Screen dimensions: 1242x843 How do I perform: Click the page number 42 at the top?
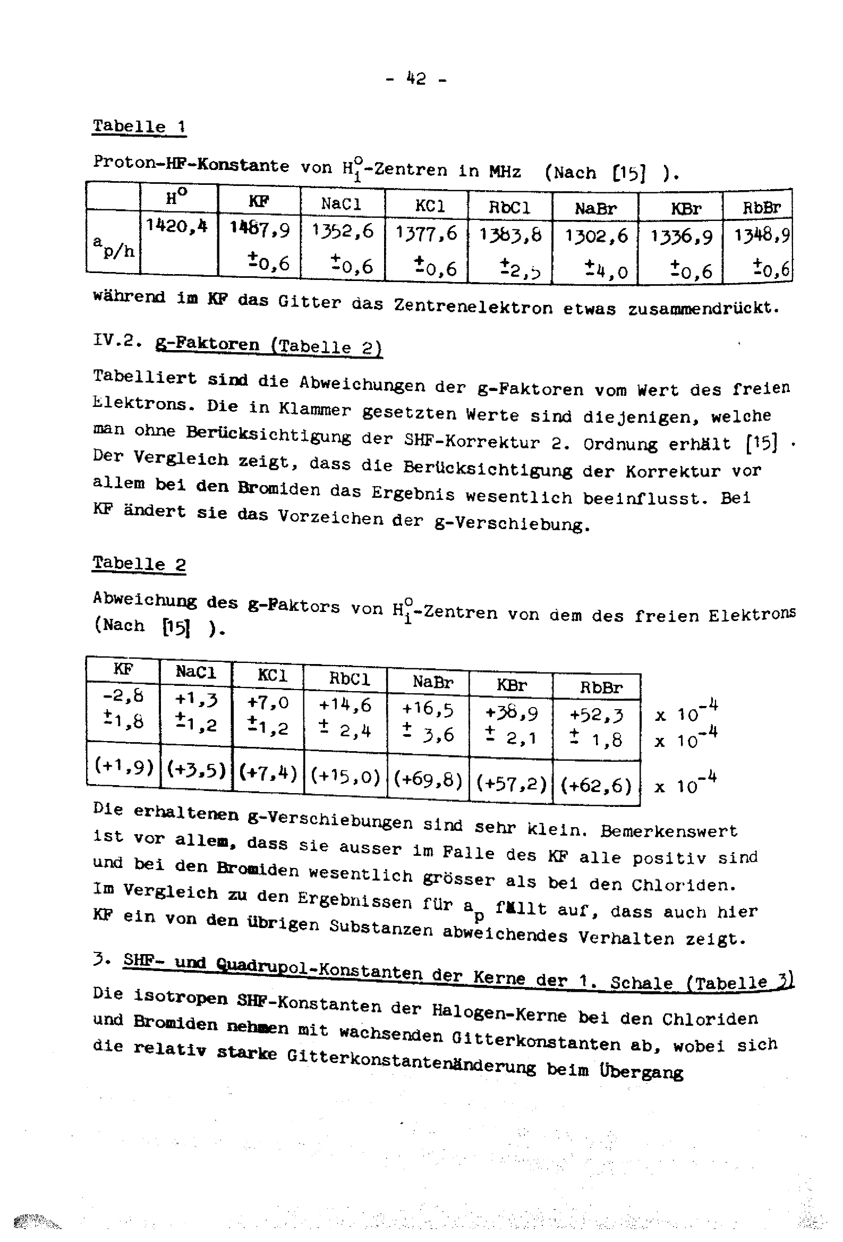pos(416,79)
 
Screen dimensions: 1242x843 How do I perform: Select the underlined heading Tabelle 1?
pos(139,126)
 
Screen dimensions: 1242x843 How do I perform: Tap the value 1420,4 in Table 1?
pos(177,226)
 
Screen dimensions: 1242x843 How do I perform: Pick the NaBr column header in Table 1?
pos(595,208)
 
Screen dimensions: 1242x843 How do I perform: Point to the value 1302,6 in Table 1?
pos(596,236)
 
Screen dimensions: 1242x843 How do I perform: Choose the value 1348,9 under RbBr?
pos(761,235)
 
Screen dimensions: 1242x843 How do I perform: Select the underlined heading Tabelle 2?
pos(139,563)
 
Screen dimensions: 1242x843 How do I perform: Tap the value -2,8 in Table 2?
pos(123,696)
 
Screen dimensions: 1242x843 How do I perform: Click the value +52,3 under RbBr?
pos(595,714)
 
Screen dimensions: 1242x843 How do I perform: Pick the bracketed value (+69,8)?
pos(428,780)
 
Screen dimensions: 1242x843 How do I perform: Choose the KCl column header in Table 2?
pos(272,675)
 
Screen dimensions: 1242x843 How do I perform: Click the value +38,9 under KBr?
pos(511,712)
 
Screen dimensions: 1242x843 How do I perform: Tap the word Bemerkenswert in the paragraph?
pos(668,831)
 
